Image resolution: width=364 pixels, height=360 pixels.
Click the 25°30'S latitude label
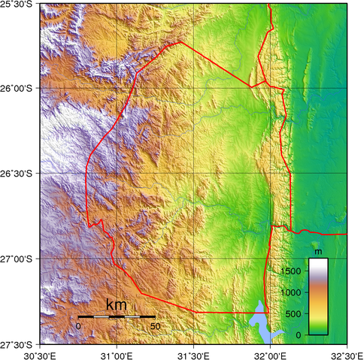pos(14,5)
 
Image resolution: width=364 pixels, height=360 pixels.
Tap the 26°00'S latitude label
pos(14,89)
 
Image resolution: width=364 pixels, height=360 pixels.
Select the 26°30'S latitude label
pos(14,174)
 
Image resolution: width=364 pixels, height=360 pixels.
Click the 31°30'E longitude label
pos(193,353)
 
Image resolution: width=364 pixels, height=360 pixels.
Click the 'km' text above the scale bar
pos(117,306)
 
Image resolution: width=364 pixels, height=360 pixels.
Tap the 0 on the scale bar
pos(78,326)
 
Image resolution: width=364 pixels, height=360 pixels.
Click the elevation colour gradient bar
pos(318,296)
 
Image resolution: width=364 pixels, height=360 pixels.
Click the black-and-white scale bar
pos(117,317)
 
